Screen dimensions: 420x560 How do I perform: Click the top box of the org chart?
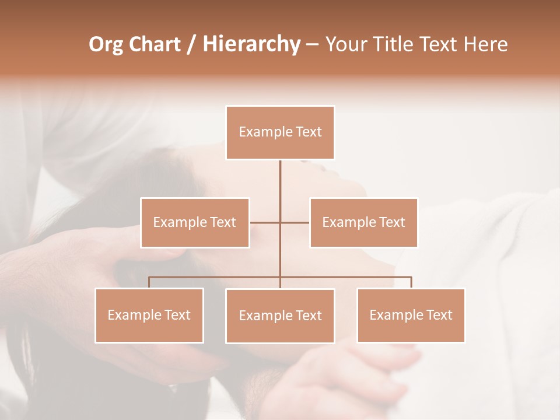280,132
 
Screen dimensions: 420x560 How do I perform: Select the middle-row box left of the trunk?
195,222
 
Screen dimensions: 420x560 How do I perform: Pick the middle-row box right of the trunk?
363,222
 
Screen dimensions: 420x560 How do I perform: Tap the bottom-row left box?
149,315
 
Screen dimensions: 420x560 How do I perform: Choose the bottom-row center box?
280,316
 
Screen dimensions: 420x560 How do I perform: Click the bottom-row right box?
411,315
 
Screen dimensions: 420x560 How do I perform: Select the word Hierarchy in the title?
251,44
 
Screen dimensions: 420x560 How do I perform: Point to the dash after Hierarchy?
312,44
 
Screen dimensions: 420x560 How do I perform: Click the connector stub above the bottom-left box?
149,282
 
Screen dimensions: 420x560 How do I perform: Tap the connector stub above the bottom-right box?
411,282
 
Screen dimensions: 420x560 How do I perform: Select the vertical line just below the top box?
280,175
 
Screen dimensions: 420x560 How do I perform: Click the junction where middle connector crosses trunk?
280,222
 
